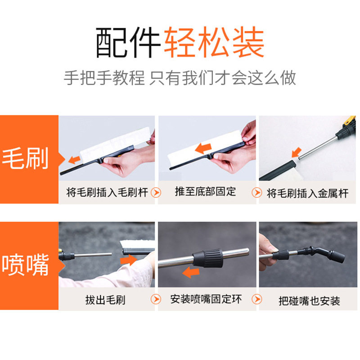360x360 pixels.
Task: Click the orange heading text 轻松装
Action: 214,42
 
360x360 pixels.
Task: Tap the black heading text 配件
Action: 128,42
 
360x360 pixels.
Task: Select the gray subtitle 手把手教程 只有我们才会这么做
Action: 180,78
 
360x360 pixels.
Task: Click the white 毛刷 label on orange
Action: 25,158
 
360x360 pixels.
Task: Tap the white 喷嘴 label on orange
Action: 25,265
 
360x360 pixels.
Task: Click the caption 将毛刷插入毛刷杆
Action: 107,193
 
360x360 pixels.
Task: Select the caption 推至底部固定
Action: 205,192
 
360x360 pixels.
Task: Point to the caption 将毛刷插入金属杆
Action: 307,193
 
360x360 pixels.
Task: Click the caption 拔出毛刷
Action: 105,300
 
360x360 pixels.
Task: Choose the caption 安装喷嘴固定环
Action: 206,299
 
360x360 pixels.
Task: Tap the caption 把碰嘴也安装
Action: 309,301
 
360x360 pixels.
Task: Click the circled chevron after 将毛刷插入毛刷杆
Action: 156,193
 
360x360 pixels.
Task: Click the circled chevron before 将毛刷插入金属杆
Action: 256,193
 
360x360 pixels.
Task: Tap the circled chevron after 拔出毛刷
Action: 156,299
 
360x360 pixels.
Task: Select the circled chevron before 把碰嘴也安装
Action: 256,299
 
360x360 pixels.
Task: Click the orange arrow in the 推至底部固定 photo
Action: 203,148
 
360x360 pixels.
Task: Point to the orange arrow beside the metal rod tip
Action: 297,153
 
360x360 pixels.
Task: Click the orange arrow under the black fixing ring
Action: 190,272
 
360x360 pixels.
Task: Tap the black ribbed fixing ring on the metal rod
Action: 208,258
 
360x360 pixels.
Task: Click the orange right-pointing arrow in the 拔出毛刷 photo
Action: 129,260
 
